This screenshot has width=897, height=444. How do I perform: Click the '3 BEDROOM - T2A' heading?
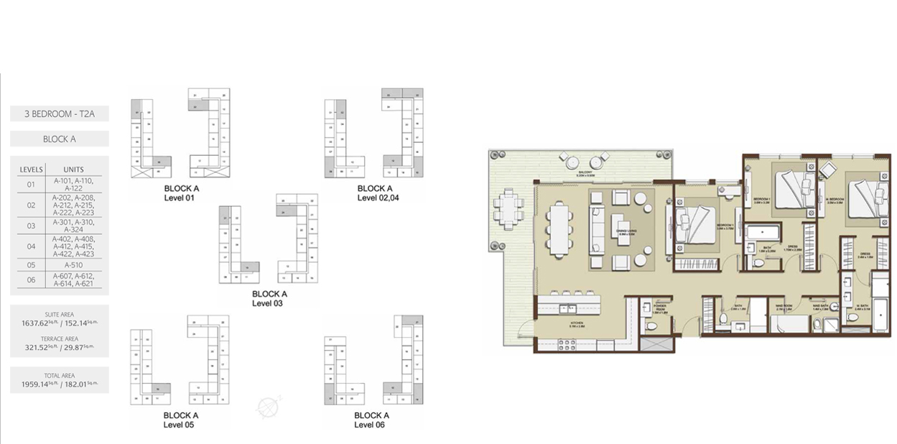coord(60,114)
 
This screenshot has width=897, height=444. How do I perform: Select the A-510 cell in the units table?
coord(74,264)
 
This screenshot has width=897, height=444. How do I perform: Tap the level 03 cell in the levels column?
coord(31,226)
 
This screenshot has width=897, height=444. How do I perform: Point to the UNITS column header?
coord(74,170)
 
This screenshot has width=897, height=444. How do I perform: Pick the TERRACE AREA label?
coord(60,338)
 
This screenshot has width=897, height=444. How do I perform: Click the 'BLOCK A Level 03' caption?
coord(269,299)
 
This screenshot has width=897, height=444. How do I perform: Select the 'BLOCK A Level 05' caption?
coord(181,420)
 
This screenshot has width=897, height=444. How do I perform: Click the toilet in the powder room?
coord(651,326)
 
